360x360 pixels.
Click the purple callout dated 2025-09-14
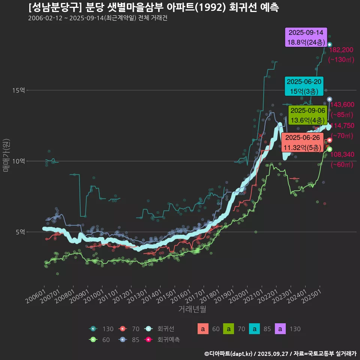[x=306, y=37]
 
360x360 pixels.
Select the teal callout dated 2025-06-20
[x=303, y=86]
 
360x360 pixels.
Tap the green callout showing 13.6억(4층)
[x=308, y=115]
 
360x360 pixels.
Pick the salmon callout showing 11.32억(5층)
[x=303, y=143]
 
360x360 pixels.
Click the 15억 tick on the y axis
[x=18, y=90]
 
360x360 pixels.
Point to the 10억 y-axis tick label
[x=18, y=161]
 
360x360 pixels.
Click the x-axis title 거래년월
[x=192, y=309]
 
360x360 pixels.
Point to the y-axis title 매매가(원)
[x=6, y=155]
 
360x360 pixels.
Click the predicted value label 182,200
[x=341, y=50]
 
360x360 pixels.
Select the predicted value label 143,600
[x=342, y=105]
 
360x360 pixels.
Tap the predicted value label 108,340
[x=342, y=154]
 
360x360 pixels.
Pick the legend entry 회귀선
[x=165, y=329]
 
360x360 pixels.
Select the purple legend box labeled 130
[x=282, y=329]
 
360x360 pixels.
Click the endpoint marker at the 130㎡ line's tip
[x=330, y=45]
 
